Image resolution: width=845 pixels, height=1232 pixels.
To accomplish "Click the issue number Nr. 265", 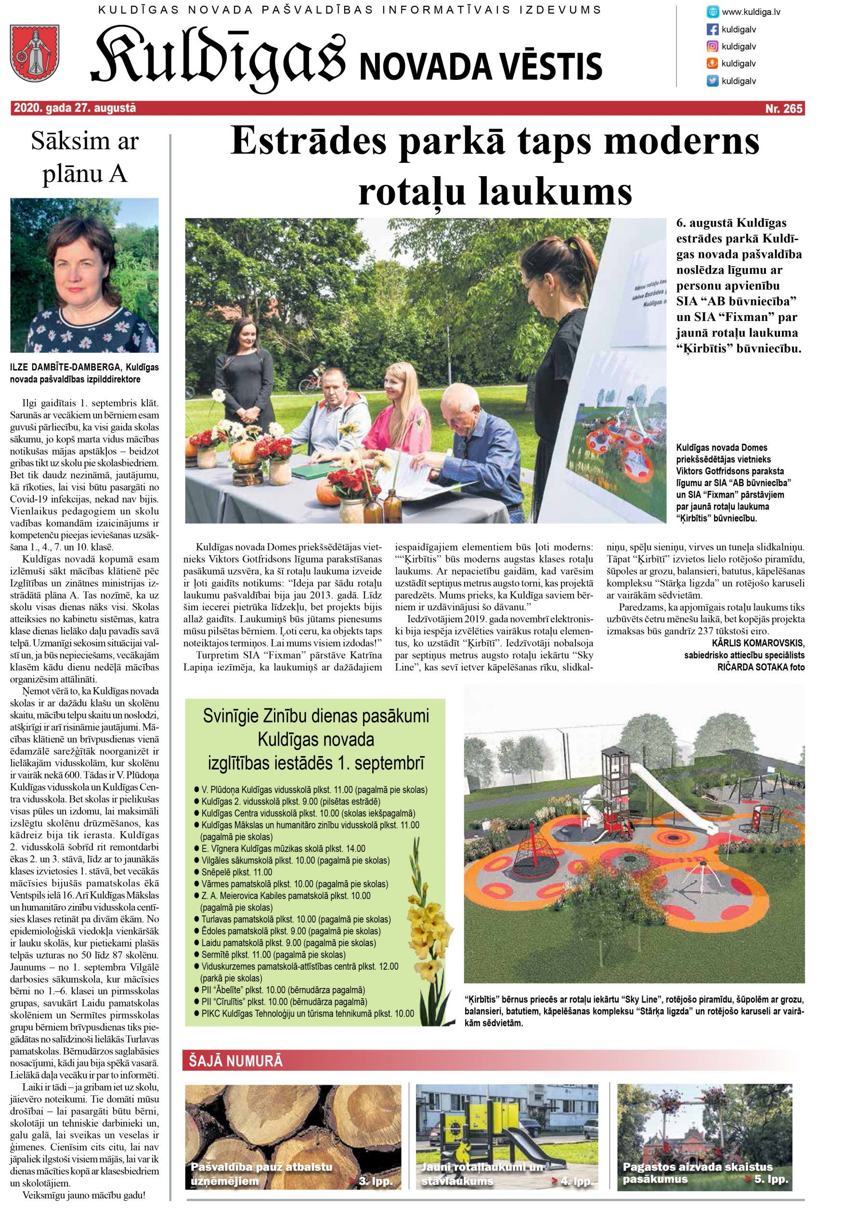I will tap(783, 109).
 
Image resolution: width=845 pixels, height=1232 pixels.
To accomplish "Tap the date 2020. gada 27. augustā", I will tap(75, 108).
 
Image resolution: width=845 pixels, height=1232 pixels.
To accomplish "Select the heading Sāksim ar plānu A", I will tap(85, 157).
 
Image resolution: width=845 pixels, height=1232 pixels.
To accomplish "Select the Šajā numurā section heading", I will tap(236, 1061).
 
